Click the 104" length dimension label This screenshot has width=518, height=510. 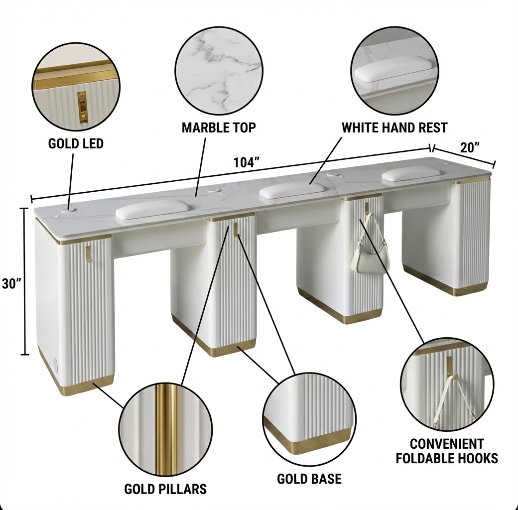click(x=246, y=162)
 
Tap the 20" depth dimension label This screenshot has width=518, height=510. click(x=470, y=147)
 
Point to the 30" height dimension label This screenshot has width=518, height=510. click(x=11, y=283)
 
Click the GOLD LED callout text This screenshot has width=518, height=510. click(x=76, y=143)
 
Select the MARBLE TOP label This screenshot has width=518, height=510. click(x=219, y=127)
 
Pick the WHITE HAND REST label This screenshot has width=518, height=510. click(x=394, y=127)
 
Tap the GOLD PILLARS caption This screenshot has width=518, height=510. click(x=165, y=489)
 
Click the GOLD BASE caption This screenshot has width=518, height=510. click(x=309, y=479)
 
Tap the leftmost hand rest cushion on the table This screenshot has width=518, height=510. click(x=152, y=210)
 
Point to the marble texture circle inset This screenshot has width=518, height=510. click(x=219, y=71)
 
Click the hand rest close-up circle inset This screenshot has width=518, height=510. click(x=394, y=71)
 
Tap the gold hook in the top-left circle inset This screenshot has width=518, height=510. click(x=81, y=105)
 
